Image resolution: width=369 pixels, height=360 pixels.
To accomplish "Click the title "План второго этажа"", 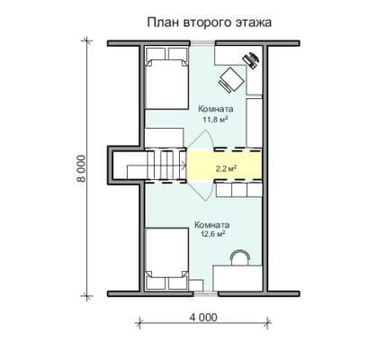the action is (209, 22).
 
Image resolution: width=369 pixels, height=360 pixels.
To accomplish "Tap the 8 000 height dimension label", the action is (81, 168).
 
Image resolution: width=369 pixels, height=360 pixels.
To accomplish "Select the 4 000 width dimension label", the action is (203, 318).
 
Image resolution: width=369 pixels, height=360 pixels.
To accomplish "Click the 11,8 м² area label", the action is (215, 120).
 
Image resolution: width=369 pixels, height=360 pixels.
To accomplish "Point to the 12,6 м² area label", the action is (213, 234).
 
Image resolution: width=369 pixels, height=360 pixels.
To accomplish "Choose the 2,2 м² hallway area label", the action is (226, 168).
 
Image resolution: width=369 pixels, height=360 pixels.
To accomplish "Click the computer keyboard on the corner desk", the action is (251, 60).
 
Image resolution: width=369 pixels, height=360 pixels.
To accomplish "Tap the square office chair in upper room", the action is (230, 79).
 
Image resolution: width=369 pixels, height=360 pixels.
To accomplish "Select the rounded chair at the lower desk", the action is (239, 257).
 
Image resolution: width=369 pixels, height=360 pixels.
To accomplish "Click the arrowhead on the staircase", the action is (183, 165).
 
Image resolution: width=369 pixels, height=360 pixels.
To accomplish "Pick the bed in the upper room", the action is (166, 77).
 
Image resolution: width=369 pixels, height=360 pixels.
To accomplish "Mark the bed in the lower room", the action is (166, 259).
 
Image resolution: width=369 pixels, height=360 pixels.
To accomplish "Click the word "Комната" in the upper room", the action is (216, 109).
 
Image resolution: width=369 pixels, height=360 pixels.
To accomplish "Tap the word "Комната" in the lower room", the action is (211, 225).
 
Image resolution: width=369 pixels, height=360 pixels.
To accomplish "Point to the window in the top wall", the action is (203, 43).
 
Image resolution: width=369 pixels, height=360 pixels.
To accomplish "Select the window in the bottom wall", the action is (205, 293).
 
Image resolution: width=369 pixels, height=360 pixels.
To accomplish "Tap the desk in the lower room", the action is (238, 278).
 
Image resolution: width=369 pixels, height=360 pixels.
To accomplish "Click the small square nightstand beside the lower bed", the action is (196, 285).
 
